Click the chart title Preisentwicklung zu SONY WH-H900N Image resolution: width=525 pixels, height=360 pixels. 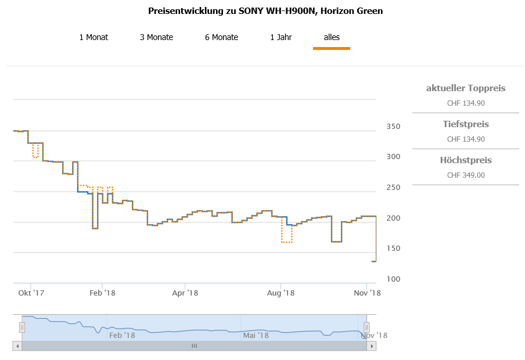point(265,11)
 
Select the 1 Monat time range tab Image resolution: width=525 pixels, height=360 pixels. point(94,37)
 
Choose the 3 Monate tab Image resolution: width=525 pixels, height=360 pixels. point(156,37)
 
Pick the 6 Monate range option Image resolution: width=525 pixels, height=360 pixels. point(221,37)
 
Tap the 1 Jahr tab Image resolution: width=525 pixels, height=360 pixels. point(281,37)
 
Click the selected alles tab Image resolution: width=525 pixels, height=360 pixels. point(332,37)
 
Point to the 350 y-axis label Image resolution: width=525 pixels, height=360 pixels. point(393,127)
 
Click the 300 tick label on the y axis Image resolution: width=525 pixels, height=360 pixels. point(393,157)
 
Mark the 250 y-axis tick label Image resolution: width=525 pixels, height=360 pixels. point(393,188)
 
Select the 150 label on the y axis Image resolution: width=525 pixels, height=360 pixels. point(393,249)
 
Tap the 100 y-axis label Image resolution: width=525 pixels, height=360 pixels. point(393,279)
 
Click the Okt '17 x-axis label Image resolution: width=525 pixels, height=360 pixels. point(31,293)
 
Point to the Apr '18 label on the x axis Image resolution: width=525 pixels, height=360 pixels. point(185,293)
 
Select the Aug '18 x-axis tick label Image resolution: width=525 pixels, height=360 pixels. point(282,293)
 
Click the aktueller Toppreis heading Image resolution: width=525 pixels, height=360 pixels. point(466,88)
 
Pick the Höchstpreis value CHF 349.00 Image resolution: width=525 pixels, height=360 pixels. point(466,175)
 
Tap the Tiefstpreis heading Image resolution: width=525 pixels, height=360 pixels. point(466,124)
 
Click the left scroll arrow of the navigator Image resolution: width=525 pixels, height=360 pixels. point(17,346)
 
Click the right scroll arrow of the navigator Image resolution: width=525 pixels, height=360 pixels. point(372,346)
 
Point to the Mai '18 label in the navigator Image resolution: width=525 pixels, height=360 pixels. point(256,335)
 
